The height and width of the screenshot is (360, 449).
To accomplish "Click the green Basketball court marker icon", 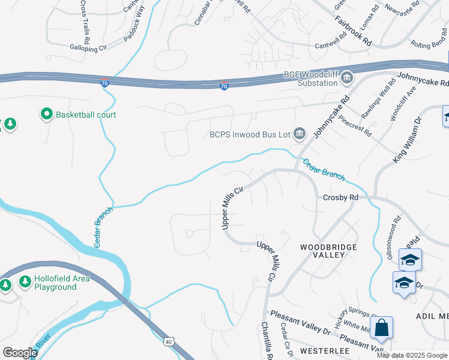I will click(x=46, y=114).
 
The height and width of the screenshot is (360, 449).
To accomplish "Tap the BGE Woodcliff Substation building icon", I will click(x=347, y=77).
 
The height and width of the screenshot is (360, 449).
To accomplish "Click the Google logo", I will click(x=20, y=353).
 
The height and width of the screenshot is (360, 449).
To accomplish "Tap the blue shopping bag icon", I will click(x=381, y=328).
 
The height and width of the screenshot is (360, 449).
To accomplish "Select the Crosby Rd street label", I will click(x=340, y=197).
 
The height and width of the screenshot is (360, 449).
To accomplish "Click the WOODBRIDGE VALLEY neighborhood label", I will click(x=328, y=251).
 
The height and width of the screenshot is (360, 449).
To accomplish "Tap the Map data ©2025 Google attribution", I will click(x=412, y=355).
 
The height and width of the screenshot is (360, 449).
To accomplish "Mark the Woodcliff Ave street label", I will click(x=402, y=103).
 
